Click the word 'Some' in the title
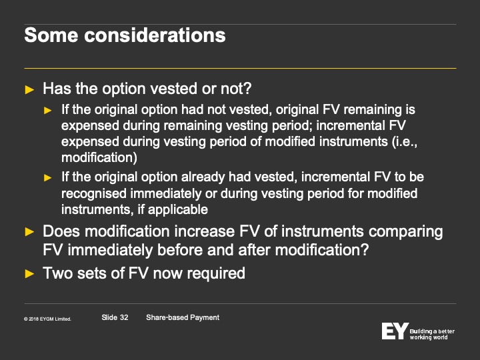[x=51, y=35]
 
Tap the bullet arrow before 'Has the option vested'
[x=29, y=90]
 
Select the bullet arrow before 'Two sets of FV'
[x=29, y=274]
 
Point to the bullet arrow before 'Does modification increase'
[x=29, y=232]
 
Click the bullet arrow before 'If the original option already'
[x=48, y=177]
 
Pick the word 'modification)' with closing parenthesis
[x=99, y=157]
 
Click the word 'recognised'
[x=94, y=194]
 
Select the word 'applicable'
[x=178, y=210]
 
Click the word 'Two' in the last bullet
[x=57, y=273]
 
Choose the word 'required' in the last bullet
[x=216, y=273]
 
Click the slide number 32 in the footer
[x=124, y=317]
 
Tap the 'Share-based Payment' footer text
[x=183, y=317]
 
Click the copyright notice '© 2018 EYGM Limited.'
[x=47, y=319]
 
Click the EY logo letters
[x=395, y=331]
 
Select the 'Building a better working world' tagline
[x=432, y=334]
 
